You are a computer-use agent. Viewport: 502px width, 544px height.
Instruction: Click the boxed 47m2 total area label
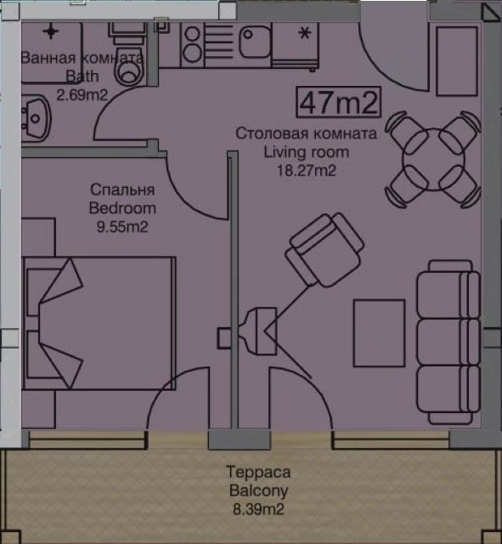[x=338, y=102]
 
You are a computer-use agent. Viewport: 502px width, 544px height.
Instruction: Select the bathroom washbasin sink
[x=36, y=118]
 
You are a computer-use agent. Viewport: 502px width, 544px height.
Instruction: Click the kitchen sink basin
[x=255, y=42]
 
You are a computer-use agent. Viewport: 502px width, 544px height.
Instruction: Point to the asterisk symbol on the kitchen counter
[x=305, y=34]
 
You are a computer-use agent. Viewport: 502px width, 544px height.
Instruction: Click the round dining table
[x=433, y=159]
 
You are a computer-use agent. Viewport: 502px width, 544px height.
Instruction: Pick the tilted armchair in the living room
[x=324, y=250]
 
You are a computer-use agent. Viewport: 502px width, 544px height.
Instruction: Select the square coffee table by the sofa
[x=379, y=333]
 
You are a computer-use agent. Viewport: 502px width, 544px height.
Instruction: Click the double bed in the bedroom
[x=99, y=323]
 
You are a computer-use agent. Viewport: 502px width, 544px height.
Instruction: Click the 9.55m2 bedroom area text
[x=122, y=227]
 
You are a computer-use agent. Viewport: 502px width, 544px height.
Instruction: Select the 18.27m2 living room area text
[x=307, y=171]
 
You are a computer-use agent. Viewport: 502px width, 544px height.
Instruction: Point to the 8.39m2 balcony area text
[x=258, y=510]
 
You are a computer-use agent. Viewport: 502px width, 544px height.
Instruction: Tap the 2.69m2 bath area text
[x=82, y=94]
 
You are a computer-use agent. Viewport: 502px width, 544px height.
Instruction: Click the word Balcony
[x=258, y=491]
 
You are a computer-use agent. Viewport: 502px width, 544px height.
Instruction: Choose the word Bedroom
[x=122, y=208]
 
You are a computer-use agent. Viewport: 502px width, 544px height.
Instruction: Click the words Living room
[x=307, y=152]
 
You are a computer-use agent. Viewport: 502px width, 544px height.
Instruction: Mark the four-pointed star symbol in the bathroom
[x=51, y=31]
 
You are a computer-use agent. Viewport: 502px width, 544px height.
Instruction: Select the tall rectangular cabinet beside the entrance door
[x=457, y=61]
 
